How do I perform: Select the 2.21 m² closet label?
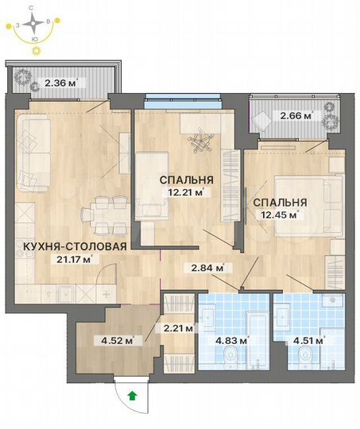[x=178, y=326]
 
